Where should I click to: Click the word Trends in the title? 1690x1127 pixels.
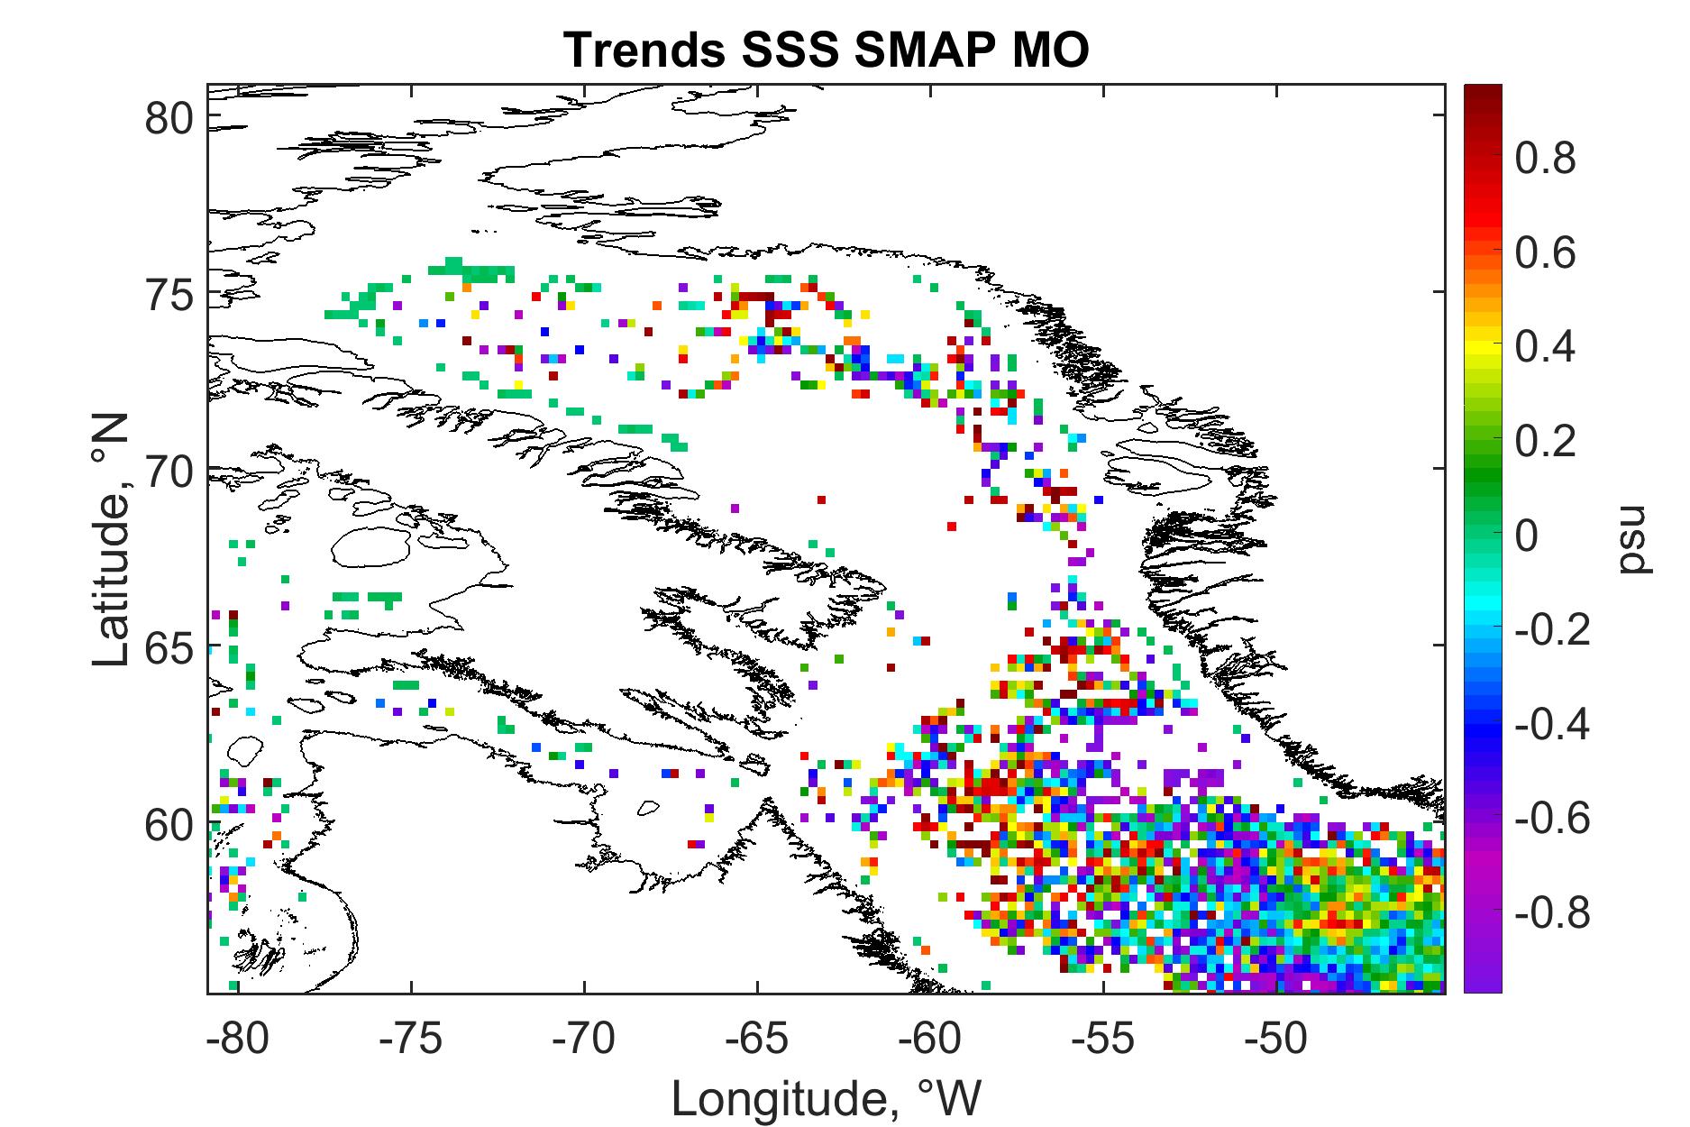(644, 50)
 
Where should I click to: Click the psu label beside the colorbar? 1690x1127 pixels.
(1631, 545)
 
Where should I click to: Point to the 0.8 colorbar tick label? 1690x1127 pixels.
(1546, 159)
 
